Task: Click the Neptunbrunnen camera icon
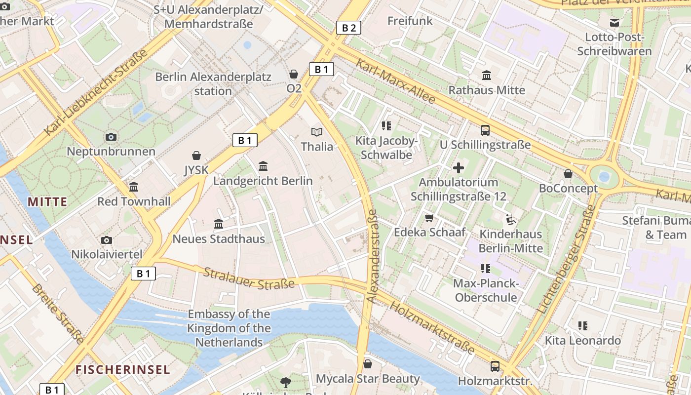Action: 111,137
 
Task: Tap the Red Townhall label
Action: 134,201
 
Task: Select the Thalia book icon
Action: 317,132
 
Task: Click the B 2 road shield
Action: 348,28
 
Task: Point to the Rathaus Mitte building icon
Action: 487,76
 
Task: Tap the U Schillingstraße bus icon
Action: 485,130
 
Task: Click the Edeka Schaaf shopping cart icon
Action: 429,218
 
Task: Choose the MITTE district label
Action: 47,201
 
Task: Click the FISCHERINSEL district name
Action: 122,369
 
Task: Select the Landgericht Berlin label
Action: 263,181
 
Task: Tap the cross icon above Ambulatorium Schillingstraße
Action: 459,168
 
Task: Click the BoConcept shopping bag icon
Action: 568,174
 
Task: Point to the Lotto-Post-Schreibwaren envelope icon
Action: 614,23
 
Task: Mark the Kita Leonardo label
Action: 582,340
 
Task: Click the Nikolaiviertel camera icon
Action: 106,240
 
